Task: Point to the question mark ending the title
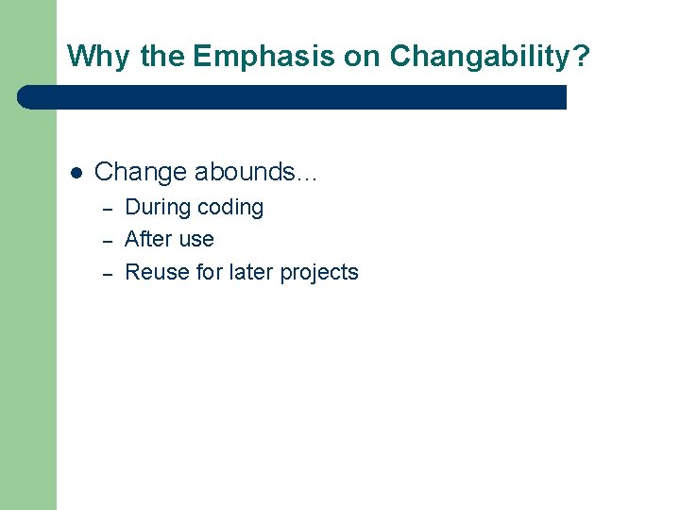coord(581,57)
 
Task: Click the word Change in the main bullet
coord(141,172)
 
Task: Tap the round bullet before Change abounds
coord(76,173)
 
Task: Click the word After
coord(147,239)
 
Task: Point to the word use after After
coord(195,240)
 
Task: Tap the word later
coord(251,272)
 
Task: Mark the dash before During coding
coord(108,208)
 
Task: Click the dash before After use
coord(108,240)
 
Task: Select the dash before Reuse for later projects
coord(108,273)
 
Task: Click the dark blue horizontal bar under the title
coord(293,97)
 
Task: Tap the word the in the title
coord(162,57)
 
